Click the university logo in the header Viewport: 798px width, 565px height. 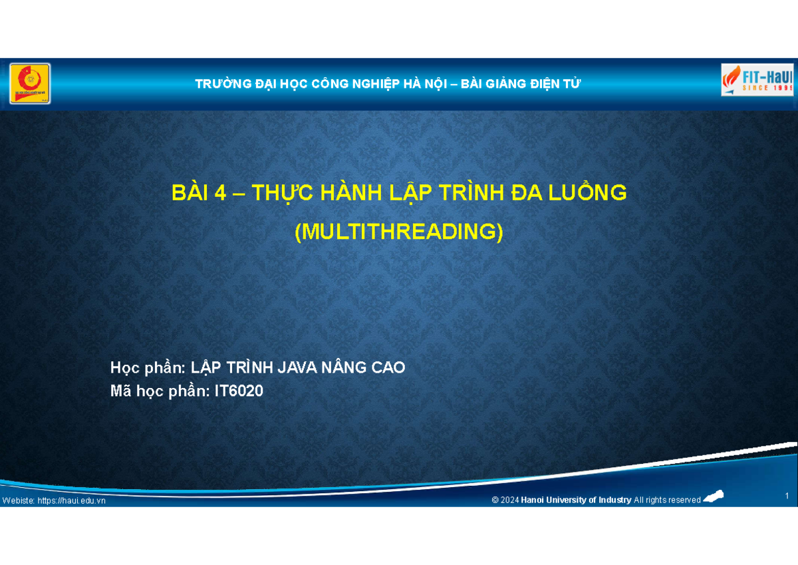coord(30,84)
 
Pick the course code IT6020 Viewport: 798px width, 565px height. coord(238,392)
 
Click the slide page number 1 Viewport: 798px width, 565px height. coord(787,496)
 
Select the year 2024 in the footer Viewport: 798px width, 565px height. coord(510,500)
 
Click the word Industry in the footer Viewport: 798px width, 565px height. coord(614,500)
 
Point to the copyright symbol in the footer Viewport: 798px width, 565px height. coord(495,500)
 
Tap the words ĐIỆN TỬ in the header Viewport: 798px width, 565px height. coord(555,84)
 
